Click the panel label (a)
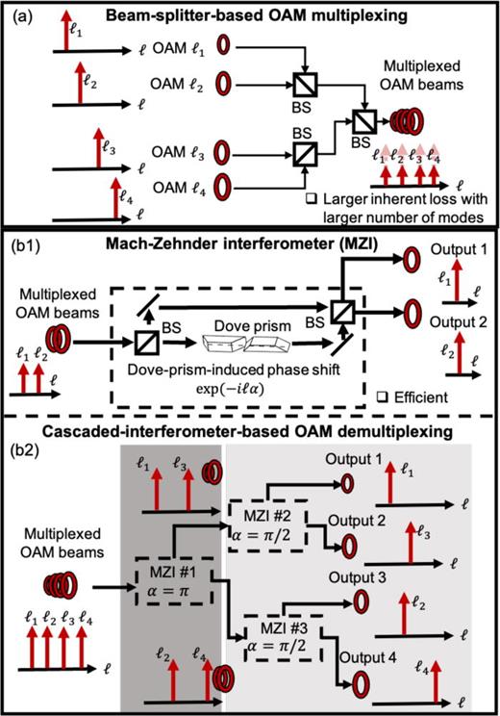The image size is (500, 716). [20, 14]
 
